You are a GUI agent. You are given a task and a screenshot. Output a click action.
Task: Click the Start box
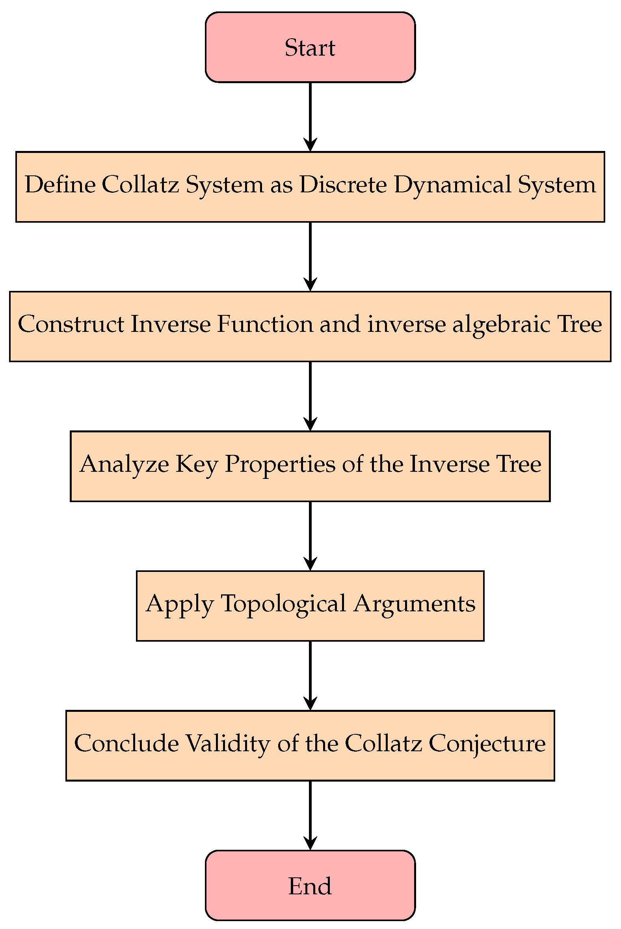[x=310, y=47]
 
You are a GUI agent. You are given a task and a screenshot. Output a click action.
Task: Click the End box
[x=310, y=885]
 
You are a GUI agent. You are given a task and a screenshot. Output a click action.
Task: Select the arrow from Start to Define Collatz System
[x=310, y=117]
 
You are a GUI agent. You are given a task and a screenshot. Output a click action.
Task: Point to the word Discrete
[x=343, y=184]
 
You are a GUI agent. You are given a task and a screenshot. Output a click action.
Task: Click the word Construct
[x=71, y=324]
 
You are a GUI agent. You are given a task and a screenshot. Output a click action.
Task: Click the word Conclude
[x=126, y=743]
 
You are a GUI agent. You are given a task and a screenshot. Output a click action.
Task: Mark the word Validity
[x=228, y=744]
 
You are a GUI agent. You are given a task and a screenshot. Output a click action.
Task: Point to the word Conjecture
[x=487, y=744]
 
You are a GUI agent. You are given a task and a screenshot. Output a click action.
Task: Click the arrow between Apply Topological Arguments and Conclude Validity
[x=310, y=676]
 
